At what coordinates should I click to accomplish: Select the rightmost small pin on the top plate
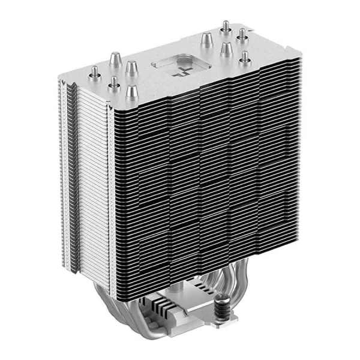245,58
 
